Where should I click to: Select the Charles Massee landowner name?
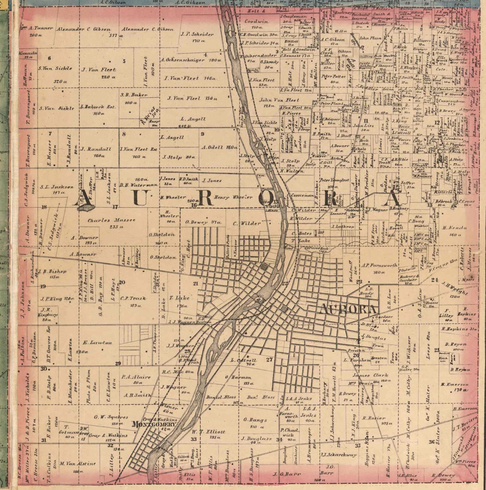111,220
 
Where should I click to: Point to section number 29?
118,363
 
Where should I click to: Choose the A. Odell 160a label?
219,147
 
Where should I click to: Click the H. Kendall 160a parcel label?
454,228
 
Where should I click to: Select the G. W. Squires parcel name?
111,417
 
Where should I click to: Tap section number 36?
432,441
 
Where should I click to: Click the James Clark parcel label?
370,375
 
